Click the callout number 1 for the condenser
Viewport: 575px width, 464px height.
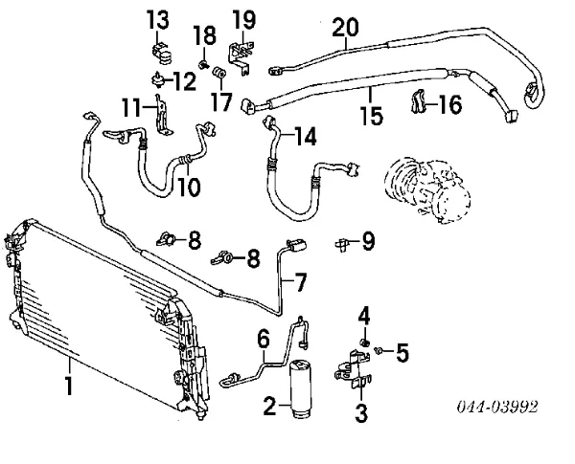pyautogui.click(x=68, y=387)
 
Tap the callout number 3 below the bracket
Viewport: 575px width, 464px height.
pyautogui.click(x=361, y=413)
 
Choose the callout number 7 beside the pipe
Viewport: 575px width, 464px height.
pyautogui.click(x=300, y=284)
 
